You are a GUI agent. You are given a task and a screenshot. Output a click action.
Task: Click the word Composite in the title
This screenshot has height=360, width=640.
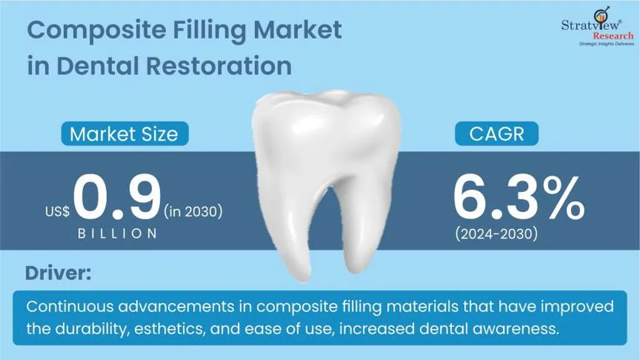[97, 31]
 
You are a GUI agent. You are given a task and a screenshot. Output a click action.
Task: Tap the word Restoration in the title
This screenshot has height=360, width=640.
[219, 66]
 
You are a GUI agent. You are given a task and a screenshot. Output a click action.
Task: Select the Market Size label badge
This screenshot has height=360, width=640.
[125, 134]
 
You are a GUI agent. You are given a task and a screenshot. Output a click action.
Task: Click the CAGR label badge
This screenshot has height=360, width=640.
[497, 134]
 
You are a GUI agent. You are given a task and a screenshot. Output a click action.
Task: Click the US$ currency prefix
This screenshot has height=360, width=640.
[57, 211]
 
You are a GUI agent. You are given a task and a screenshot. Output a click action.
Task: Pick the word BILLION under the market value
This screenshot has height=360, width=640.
[117, 234]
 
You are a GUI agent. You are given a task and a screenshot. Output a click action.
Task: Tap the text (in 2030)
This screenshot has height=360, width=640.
[193, 211]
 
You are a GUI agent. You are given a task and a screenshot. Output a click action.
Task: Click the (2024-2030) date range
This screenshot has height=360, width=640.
[497, 234]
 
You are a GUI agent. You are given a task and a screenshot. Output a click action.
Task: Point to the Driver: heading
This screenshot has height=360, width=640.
[58, 272]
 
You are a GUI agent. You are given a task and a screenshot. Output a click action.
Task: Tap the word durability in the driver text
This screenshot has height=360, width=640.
[92, 329]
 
